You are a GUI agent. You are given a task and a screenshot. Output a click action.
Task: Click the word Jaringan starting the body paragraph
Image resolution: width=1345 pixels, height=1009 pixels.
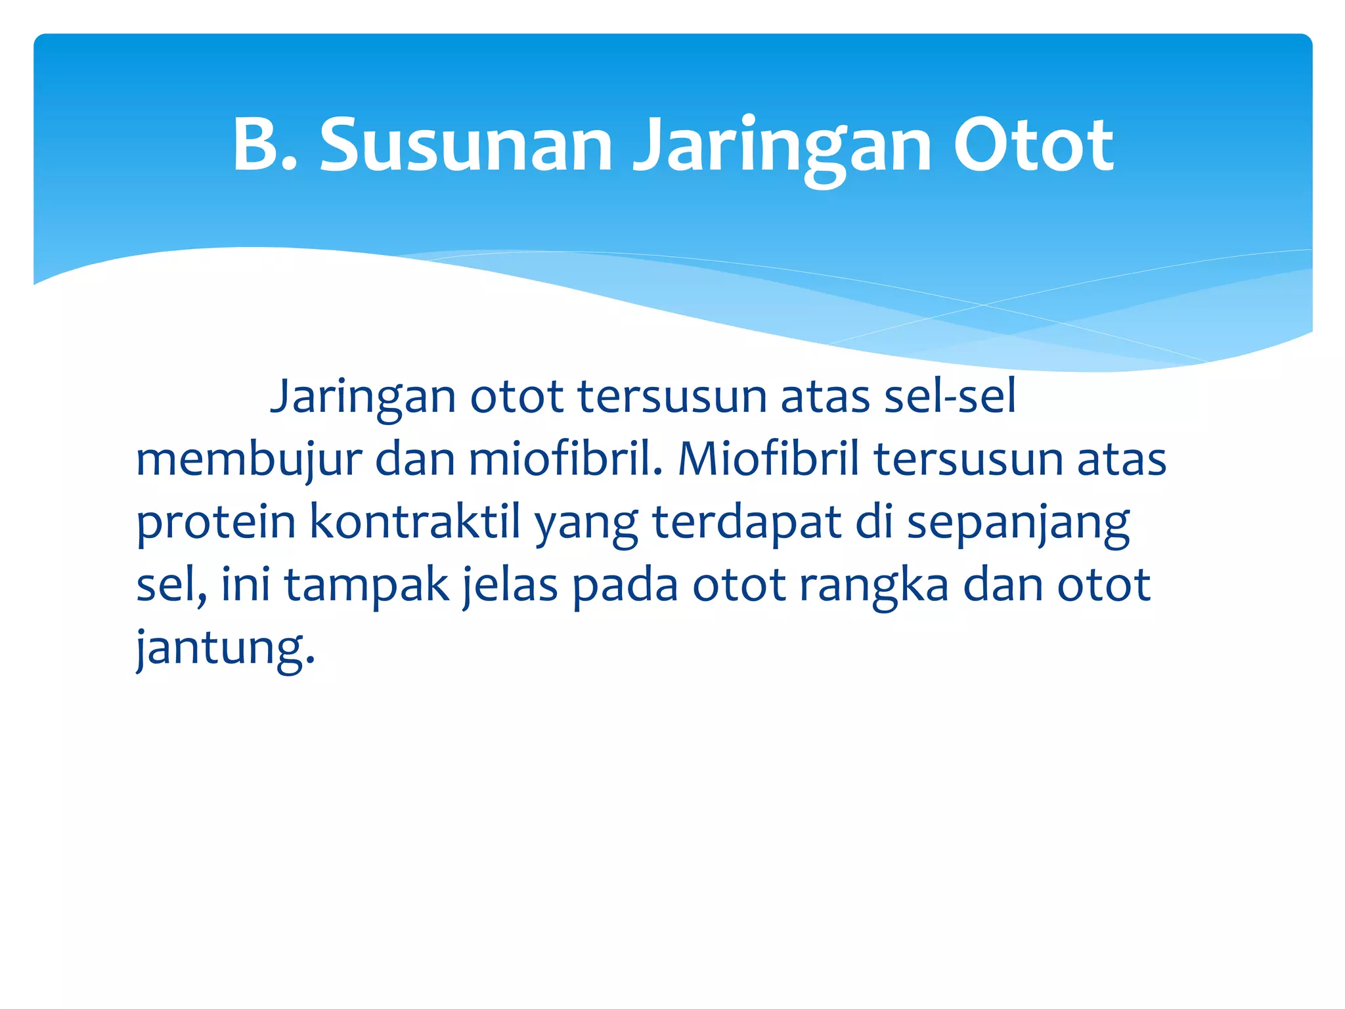click(x=363, y=397)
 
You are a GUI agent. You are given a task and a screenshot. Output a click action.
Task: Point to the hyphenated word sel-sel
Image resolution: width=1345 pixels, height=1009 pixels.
click(x=950, y=396)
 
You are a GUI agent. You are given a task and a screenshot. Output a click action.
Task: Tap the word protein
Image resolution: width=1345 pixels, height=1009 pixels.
click(x=215, y=523)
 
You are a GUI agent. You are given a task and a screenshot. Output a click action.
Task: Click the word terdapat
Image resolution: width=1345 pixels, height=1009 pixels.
click(x=747, y=523)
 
